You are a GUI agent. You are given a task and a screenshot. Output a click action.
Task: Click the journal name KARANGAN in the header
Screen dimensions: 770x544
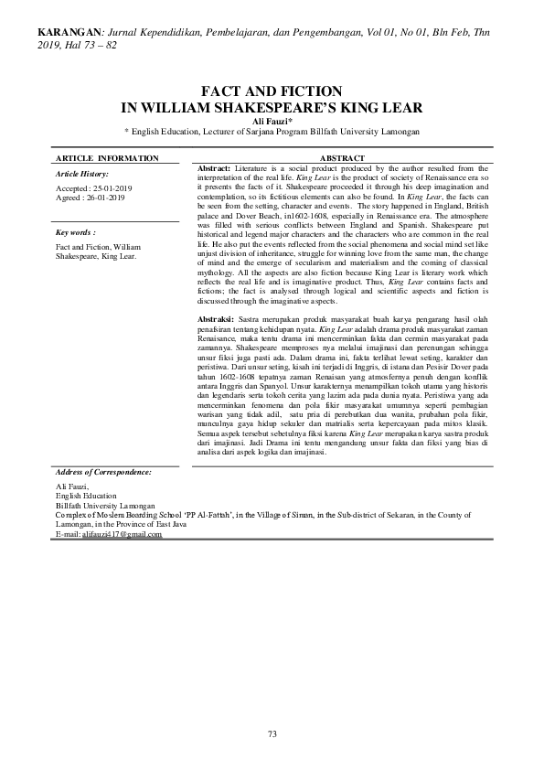coord(69,33)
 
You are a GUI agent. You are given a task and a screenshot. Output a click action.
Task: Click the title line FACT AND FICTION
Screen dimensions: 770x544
coord(272,91)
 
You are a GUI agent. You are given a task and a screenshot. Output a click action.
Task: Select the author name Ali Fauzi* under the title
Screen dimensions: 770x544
coord(272,120)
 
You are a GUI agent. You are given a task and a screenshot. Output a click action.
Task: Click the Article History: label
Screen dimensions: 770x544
coord(82,173)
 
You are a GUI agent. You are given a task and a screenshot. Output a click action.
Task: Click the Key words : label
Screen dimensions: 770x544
coord(76,233)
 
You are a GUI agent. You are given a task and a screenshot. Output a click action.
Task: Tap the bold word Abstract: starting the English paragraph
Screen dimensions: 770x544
coord(214,168)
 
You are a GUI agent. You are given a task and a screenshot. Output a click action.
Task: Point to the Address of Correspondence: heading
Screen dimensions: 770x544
coord(103,471)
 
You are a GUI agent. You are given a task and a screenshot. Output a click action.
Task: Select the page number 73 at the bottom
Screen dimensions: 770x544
coord(272,733)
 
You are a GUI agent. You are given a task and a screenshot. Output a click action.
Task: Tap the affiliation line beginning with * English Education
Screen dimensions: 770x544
coord(272,131)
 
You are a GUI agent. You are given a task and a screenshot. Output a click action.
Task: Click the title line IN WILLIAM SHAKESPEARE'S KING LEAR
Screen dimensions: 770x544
coord(272,105)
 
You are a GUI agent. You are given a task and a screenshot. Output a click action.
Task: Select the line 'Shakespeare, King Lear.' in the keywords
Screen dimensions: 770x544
coord(96,256)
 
